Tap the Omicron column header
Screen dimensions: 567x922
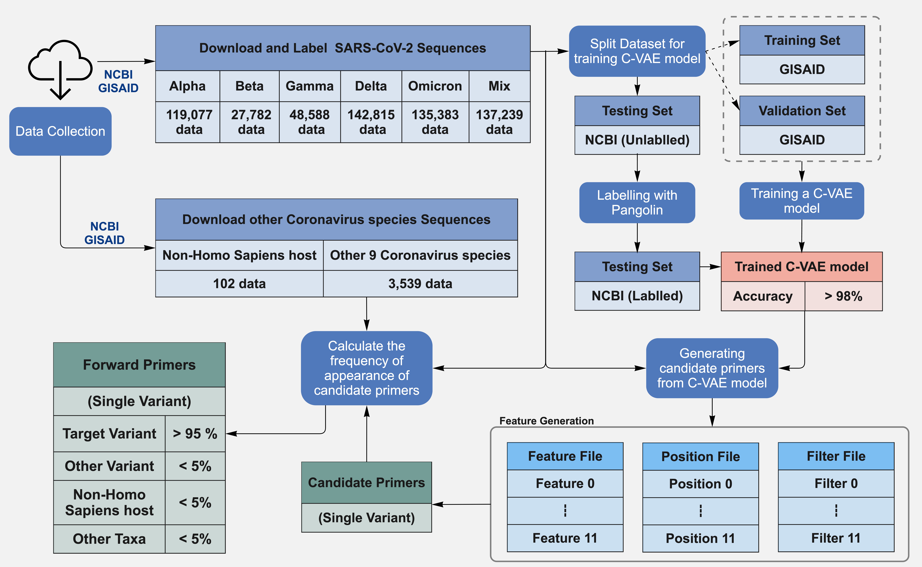[x=435, y=86]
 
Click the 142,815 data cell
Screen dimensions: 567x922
[x=371, y=122]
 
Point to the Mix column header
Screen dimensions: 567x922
[x=499, y=86]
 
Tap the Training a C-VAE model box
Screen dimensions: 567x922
[x=801, y=201]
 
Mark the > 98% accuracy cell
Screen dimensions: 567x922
[x=843, y=296]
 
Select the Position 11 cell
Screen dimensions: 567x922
[x=700, y=538]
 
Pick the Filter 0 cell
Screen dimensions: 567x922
[x=836, y=483]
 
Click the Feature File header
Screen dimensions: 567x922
[x=565, y=456]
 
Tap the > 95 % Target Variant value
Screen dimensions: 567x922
[x=195, y=434]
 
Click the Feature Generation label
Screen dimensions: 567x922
[x=546, y=421]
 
